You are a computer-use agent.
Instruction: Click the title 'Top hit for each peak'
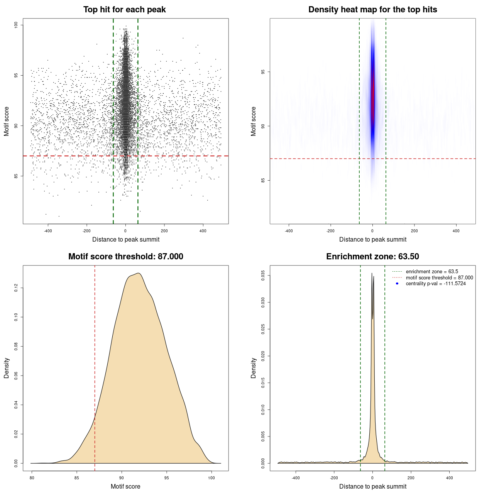coord(124,10)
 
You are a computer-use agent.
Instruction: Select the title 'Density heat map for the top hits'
coord(372,10)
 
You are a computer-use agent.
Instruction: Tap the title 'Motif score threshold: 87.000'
coord(125,257)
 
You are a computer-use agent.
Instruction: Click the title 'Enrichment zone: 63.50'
coord(372,257)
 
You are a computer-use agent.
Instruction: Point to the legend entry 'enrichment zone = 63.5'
coord(432,272)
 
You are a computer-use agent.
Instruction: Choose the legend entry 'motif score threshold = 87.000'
coord(439,277)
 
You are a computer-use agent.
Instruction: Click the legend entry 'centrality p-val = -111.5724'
coord(436,284)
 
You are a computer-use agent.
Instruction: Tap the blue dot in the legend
coord(397,284)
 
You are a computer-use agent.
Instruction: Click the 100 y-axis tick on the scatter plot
coord(16,25)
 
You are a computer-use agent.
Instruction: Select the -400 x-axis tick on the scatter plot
coord(48,231)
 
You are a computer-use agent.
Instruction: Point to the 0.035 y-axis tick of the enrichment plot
coord(263,276)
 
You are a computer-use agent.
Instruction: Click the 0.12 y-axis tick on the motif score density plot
coord(16,288)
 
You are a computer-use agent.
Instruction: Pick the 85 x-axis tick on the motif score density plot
coord(77,478)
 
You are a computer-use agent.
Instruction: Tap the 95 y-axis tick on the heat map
coord(263,72)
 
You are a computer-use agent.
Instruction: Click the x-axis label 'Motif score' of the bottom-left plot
coord(125,486)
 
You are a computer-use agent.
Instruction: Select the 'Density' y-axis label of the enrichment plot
coord(254,368)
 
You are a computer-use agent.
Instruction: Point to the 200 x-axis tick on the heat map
coord(414,231)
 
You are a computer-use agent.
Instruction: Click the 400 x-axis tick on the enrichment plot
coord(449,478)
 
